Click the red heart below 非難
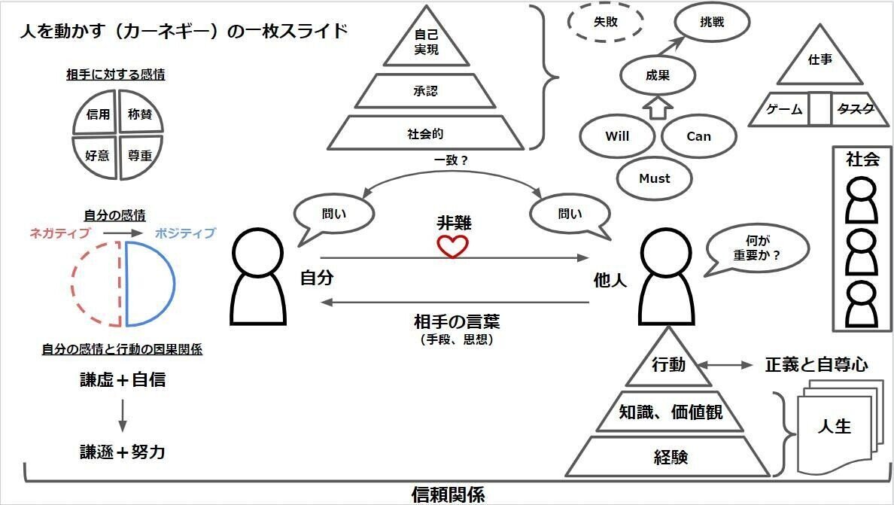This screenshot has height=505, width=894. click(452, 246)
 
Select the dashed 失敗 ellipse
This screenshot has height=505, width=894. click(605, 23)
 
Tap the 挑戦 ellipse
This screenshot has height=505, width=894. click(712, 23)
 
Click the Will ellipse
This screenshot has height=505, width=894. click(616, 136)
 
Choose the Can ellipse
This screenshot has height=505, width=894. click(698, 136)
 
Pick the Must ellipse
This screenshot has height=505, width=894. click(654, 178)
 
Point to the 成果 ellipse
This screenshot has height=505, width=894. click(657, 75)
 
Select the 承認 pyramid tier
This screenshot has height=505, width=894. click(426, 91)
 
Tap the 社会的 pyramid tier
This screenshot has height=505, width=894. click(426, 134)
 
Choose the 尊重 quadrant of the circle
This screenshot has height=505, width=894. click(139, 156)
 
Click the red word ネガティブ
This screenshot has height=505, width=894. click(59, 233)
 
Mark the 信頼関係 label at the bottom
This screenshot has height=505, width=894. click(448, 494)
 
